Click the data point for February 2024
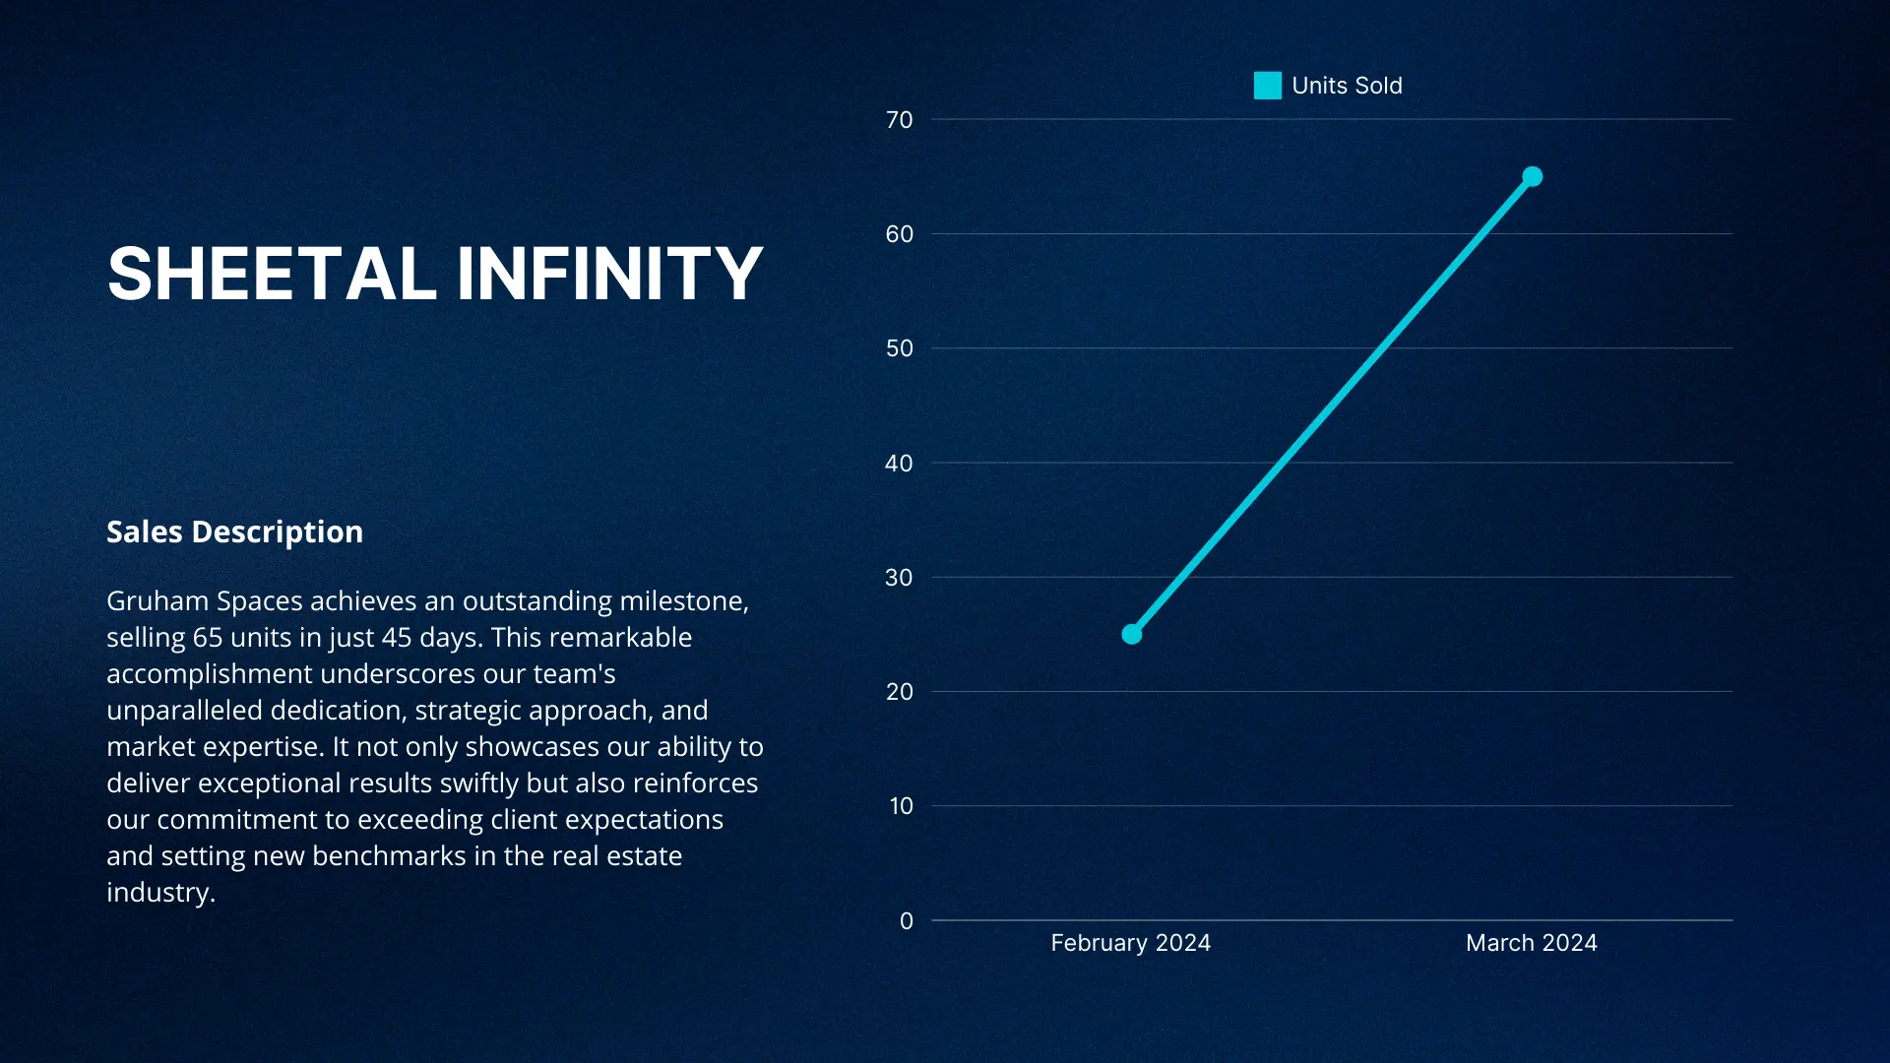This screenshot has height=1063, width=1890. pyautogui.click(x=1132, y=635)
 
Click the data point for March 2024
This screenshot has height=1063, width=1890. pyautogui.click(x=1533, y=177)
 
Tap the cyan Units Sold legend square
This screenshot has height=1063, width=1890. pyautogui.click(x=1268, y=86)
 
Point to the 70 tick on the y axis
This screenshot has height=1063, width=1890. pyautogui.click(x=900, y=120)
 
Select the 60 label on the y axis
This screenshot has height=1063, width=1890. pyautogui.click(x=900, y=234)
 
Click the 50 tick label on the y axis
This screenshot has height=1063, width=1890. pyautogui.click(x=900, y=348)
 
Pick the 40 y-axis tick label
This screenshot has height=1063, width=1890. pyautogui.click(x=900, y=464)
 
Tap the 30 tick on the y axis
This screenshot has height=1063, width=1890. pyautogui.click(x=900, y=578)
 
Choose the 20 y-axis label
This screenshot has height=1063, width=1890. pyautogui.click(x=900, y=692)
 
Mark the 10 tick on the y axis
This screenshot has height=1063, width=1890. pyautogui.click(x=902, y=806)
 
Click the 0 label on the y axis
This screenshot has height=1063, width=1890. pyautogui.click(x=907, y=921)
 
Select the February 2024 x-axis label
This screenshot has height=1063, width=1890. pyautogui.click(x=1131, y=943)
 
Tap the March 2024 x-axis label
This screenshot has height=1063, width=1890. pyautogui.click(x=1532, y=943)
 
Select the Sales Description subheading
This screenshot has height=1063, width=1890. pyautogui.click(x=235, y=531)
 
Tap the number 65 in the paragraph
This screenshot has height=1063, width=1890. pyautogui.click(x=208, y=637)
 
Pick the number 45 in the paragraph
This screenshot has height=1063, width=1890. pyautogui.click(x=397, y=637)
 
